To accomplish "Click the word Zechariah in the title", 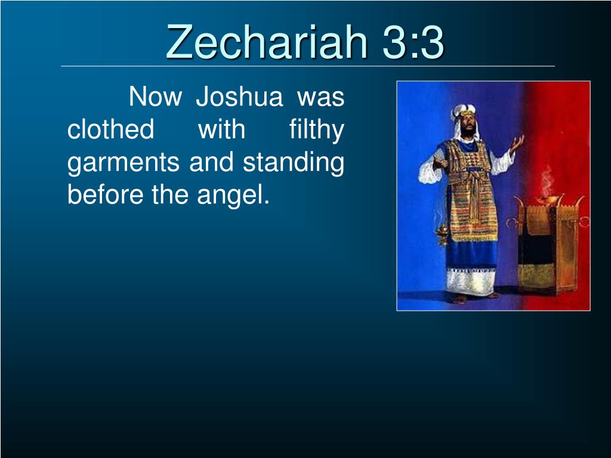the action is pos(267,41).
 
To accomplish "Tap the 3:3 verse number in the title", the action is pos(413,42).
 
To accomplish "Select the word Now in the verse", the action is pos(155,96).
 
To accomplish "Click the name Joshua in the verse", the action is pos(239,96).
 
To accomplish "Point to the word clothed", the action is pos(110,129).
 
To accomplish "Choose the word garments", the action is pos(123,163).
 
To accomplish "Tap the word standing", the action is pos(294,163).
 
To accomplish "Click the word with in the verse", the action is pos(222,129).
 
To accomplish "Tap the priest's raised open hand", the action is pos(517,143).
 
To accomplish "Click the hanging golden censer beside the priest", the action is pos(442,233).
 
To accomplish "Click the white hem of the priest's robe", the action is pos(470,281).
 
